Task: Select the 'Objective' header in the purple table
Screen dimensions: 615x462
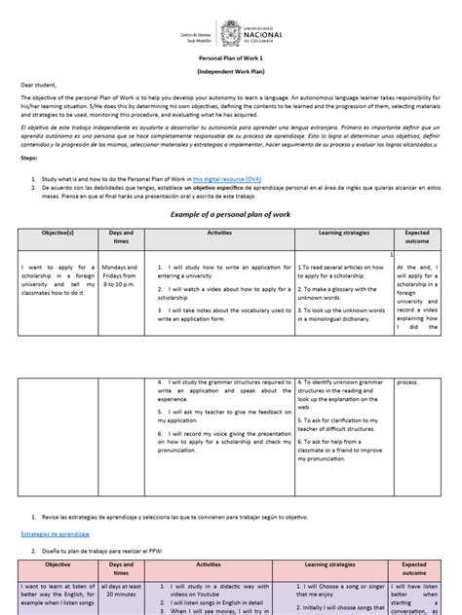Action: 58,564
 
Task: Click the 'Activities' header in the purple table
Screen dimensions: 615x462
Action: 208,564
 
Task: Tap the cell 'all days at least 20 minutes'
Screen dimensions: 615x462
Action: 122,592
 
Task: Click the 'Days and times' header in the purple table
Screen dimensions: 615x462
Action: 122,569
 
